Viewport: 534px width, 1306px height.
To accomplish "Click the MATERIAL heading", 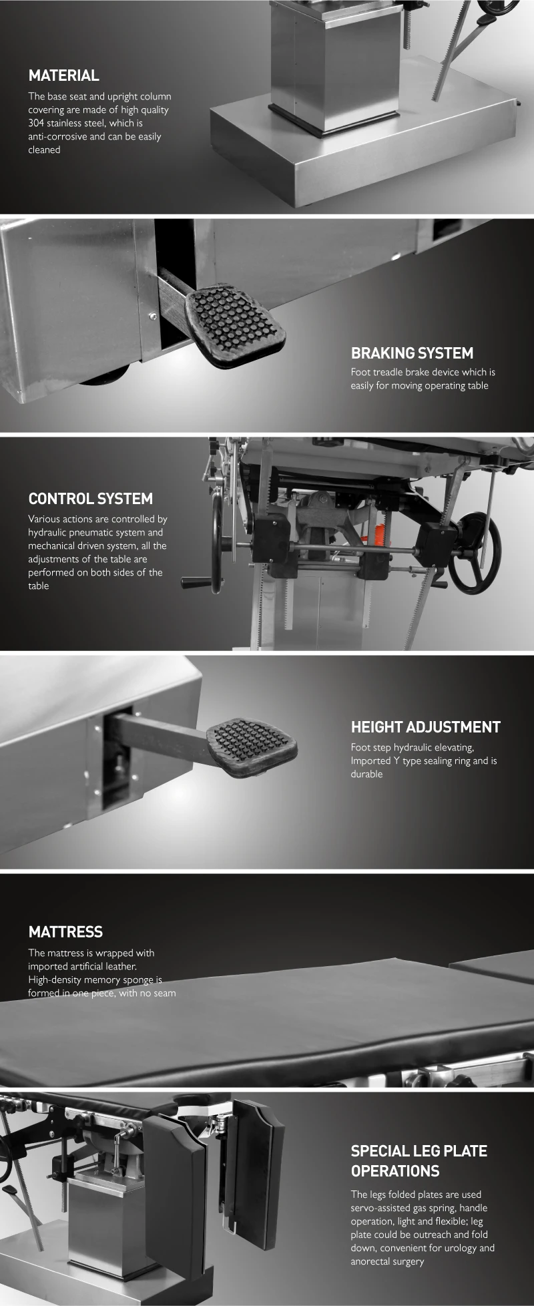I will tap(63, 75).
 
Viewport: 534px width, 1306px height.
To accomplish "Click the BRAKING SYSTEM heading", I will tap(412, 353).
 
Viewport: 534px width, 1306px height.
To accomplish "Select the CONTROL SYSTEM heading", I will tap(90, 499).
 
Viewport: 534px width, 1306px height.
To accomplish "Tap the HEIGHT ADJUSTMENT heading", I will tap(425, 727).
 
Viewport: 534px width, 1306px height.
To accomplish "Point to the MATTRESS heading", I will tap(65, 932).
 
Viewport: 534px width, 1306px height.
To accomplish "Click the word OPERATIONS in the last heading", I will tap(395, 1170).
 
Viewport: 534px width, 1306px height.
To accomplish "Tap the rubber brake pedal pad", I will tap(234, 323).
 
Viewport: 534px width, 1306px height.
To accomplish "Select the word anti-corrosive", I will tap(57, 137).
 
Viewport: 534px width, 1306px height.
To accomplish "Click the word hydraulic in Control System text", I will tap(46, 533).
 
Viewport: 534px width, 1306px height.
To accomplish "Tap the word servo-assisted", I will tap(382, 1208).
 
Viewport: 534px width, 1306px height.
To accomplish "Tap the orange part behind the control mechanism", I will tap(380, 534).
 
